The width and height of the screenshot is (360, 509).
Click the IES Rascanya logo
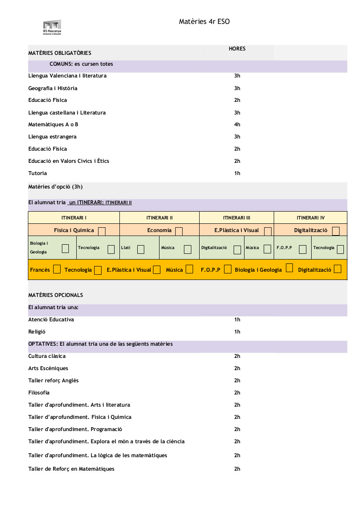pos(52,27)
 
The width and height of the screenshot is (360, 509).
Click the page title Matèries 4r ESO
pos(204,21)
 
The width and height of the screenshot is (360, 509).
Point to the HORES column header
pos(237,49)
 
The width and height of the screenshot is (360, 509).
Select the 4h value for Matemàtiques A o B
pos(237,125)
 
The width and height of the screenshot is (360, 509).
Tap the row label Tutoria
pos(37,173)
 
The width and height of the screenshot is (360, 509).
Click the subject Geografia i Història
pos(53,88)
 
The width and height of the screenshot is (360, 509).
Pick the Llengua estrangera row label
pos(52,137)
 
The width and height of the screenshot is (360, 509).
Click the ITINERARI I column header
pos(74,218)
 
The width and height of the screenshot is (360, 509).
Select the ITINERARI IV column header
pos(310,218)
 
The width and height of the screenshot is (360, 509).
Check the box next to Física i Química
pos(102,231)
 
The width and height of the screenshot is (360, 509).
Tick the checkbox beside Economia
pos(179,231)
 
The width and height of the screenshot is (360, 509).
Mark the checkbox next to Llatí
pos(141,249)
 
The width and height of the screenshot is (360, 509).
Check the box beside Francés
pos(57,270)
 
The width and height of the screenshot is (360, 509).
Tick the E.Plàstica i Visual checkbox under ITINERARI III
pos(268,231)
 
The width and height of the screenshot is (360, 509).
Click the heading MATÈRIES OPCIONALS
pos(55,295)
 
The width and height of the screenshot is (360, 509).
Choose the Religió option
pos(37,332)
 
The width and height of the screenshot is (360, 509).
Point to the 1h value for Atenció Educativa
pos(237,320)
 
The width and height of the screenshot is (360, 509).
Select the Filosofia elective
pos(39,393)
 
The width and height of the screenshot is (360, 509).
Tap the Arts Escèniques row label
pos(48,368)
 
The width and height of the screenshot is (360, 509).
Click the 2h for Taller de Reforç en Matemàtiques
pos(237,469)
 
